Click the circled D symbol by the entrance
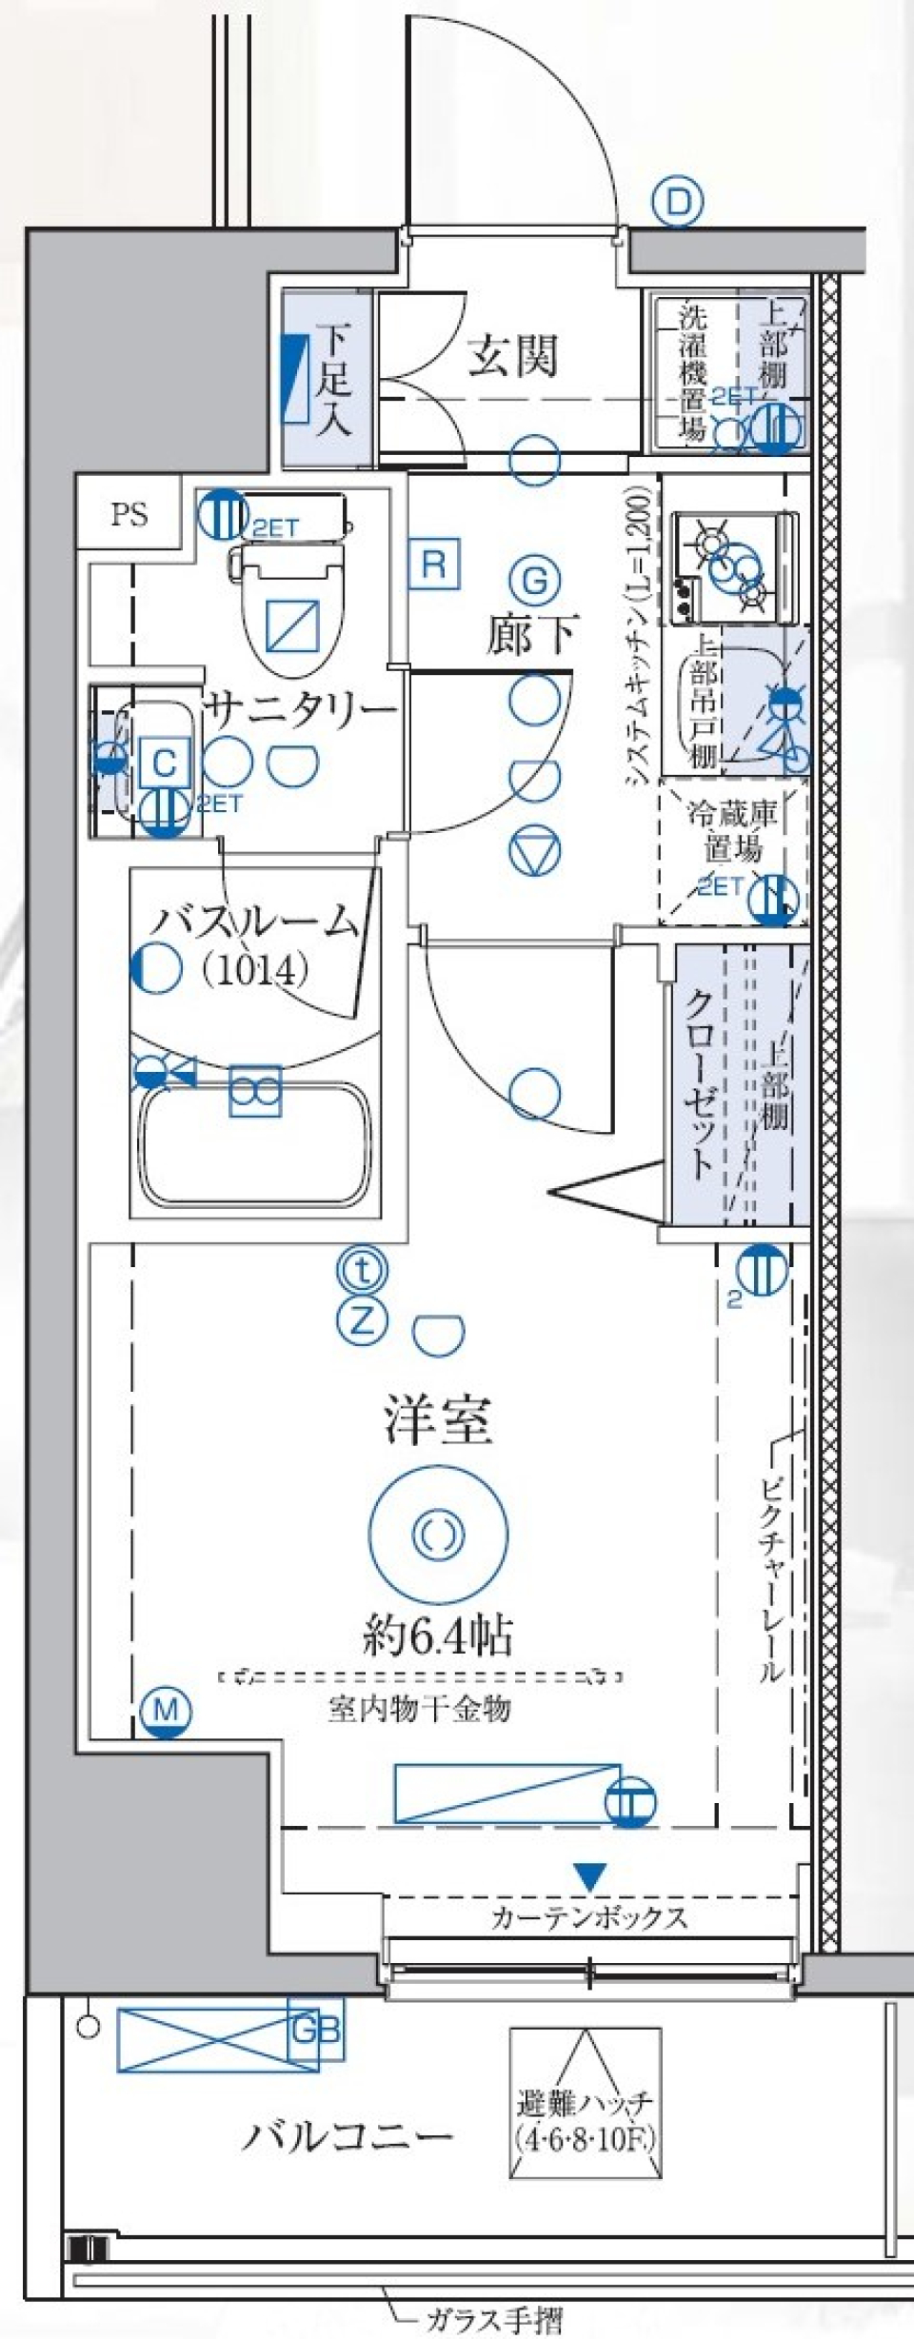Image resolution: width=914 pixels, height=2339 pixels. [x=677, y=203]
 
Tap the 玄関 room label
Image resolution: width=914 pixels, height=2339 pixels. [x=512, y=356]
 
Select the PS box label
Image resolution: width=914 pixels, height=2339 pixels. [x=129, y=515]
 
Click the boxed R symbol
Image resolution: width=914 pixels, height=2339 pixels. [x=433, y=564]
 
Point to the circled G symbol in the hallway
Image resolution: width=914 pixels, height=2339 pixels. [x=534, y=581]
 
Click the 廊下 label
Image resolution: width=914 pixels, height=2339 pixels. [x=531, y=634]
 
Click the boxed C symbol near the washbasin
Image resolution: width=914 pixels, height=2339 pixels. [x=165, y=763]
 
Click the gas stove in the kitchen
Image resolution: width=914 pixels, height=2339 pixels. [x=733, y=567]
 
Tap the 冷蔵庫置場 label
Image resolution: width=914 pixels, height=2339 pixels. [x=733, y=829]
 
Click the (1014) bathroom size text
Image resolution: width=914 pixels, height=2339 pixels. [x=254, y=969]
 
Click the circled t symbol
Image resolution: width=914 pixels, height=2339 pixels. [x=362, y=1269]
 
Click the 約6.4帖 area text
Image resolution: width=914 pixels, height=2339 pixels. [x=437, y=1635]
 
